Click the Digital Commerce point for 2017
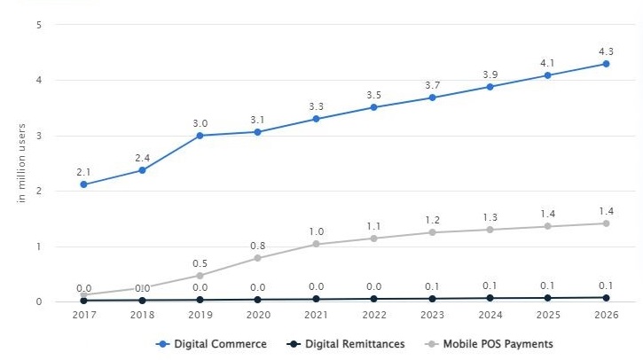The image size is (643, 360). pyautogui.click(x=83, y=184)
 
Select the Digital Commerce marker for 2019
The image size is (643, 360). pyautogui.click(x=200, y=136)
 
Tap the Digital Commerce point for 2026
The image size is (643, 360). pyautogui.click(x=606, y=64)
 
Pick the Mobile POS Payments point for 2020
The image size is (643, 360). pyautogui.click(x=257, y=258)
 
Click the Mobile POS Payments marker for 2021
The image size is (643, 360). pyautogui.click(x=316, y=244)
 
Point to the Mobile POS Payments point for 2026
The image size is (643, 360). pyautogui.click(x=606, y=223)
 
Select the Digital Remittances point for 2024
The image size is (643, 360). pyautogui.click(x=490, y=299)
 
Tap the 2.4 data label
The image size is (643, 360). pyautogui.click(x=142, y=158)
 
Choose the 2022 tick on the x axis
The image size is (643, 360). pyautogui.click(x=373, y=315)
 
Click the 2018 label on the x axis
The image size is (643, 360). pyautogui.click(x=142, y=315)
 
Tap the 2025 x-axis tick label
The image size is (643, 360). pyautogui.click(x=548, y=315)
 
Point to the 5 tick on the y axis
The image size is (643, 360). pyautogui.click(x=39, y=25)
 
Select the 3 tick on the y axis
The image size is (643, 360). pyautogui.click(x=39, y=136)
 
